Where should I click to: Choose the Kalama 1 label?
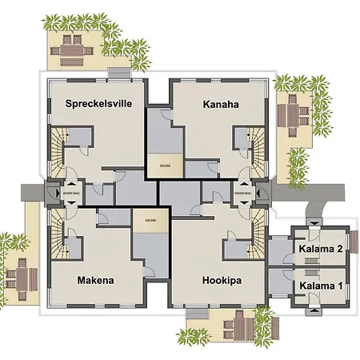click(x=320, y=285)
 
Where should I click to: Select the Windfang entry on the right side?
click(x=244, y=193)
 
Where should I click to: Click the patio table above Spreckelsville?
click(x=73, y=50)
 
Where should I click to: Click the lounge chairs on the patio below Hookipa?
click(x=236, y=327)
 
